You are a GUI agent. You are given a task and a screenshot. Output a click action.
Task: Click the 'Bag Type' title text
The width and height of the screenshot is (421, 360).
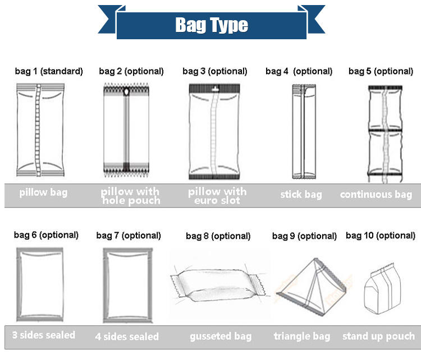click(x=211, y=25)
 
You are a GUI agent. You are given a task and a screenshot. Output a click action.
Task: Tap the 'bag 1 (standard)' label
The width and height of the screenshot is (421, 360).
click(x=49, y=71)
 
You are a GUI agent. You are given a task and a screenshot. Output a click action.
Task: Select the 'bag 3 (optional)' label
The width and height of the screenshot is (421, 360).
click(x=215, y=71)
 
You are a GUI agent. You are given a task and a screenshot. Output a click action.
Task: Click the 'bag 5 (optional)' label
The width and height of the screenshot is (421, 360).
click(x=381, y=71)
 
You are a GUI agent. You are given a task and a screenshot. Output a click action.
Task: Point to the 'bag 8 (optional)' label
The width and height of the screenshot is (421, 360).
click(x=218, y=236)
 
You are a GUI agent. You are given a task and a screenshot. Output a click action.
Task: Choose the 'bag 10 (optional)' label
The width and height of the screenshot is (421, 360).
click(x=381, y=236)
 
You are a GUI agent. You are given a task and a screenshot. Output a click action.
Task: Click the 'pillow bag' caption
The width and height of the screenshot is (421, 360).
click(x=43, y=192)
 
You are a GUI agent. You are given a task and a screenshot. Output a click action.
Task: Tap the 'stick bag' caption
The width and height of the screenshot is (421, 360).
click(x=301, y=195)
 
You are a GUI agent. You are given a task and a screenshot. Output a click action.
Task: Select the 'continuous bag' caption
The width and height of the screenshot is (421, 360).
click(x=376, y=195)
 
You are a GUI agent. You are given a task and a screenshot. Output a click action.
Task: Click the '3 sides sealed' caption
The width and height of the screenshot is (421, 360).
click(x=44, y=335)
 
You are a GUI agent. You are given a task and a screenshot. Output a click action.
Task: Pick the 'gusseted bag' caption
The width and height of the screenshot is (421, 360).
click(x=220, y=336)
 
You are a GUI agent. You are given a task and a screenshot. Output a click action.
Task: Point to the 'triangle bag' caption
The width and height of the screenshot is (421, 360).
click(x=302, y=336)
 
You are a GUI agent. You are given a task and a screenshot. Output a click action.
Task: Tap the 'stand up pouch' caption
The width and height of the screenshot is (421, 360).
click(x=379, y=336)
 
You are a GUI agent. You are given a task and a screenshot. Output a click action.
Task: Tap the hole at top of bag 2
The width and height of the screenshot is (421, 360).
click(x=127, y=90)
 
